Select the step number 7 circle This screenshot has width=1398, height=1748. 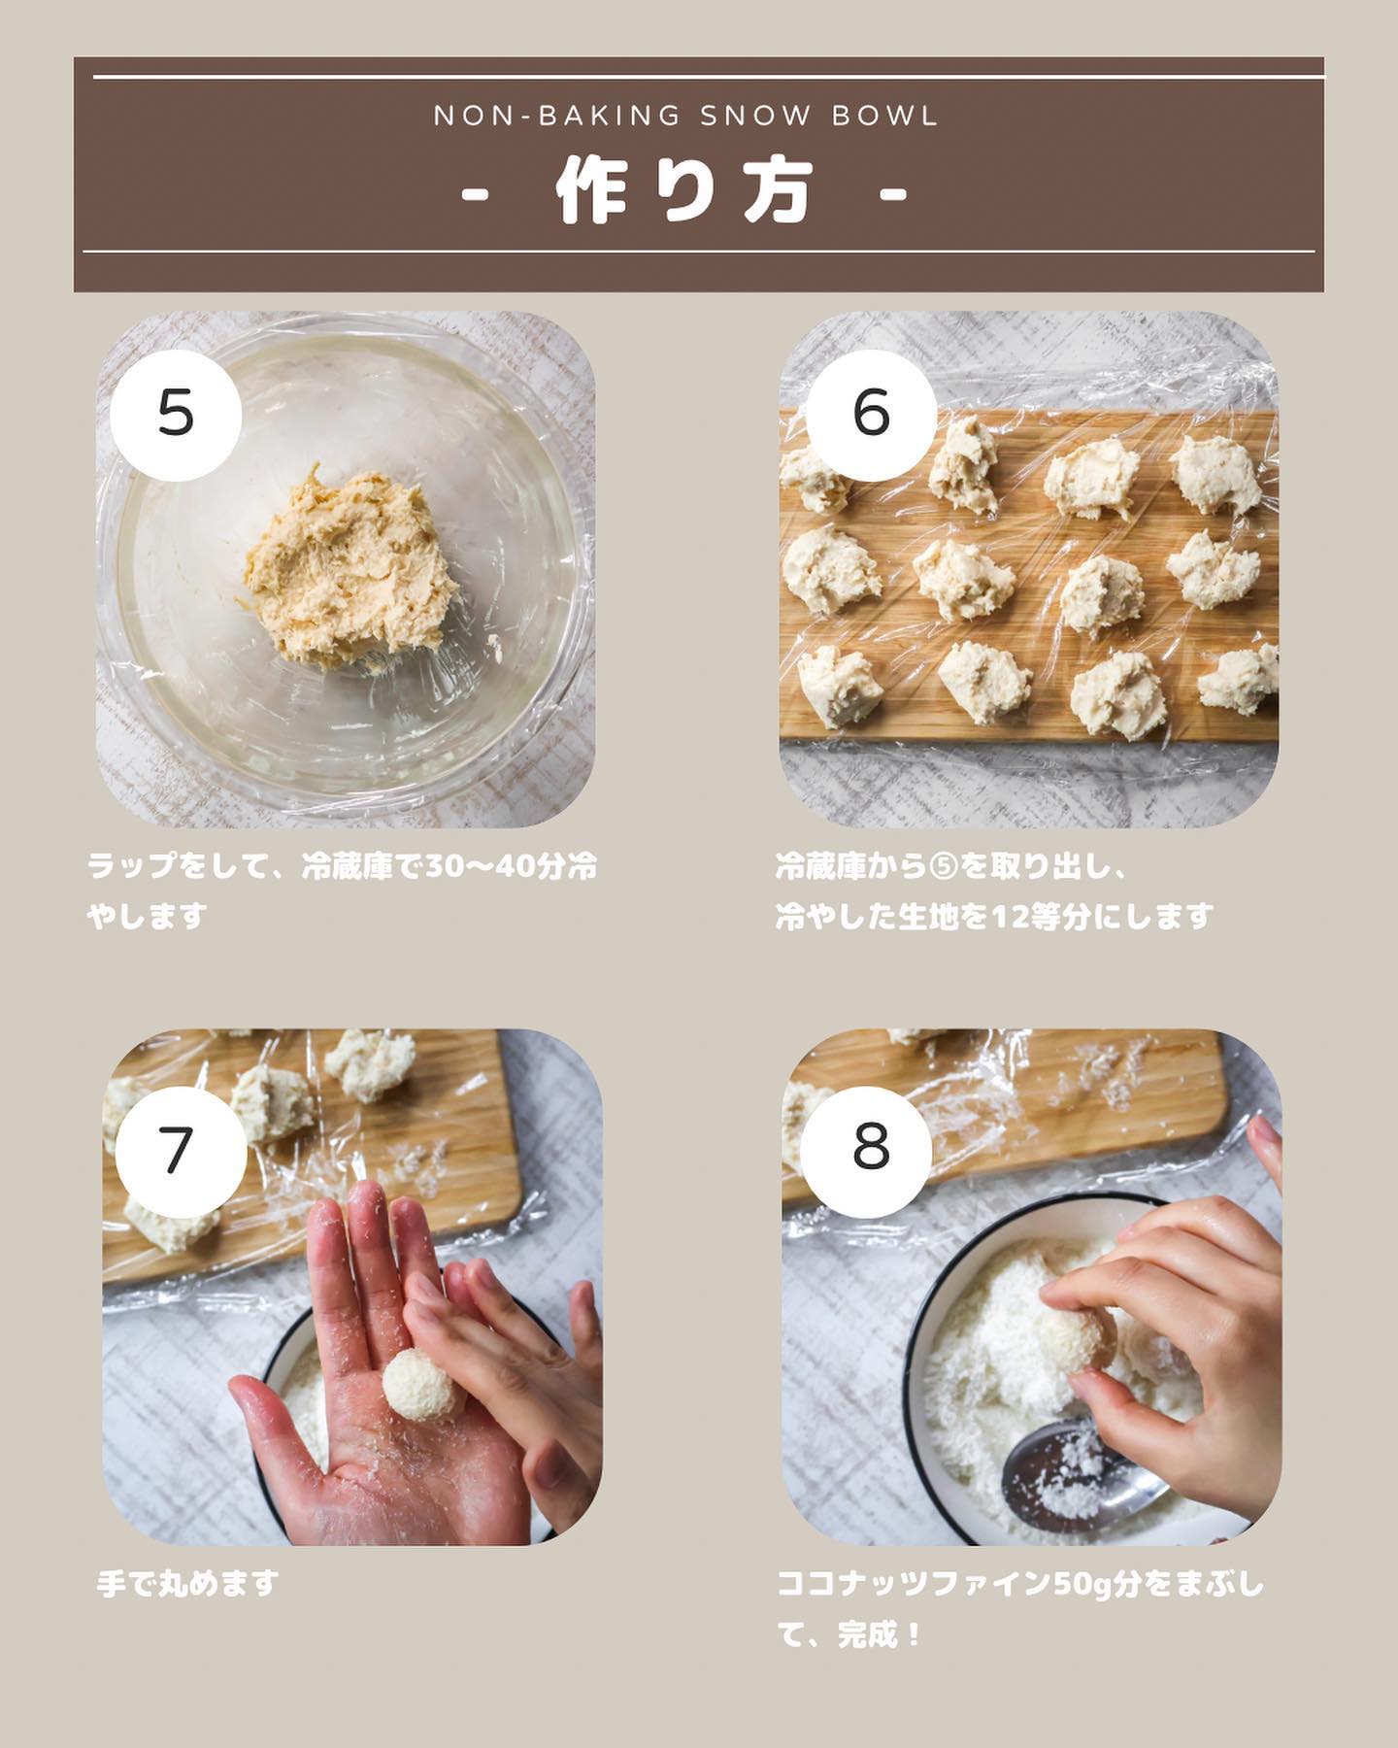(x=181, y=1150)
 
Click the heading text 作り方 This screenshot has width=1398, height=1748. (x=685, y=192)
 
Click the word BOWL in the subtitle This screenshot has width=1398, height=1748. (x=885, y=116)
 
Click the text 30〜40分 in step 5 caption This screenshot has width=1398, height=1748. (x=482, y=866)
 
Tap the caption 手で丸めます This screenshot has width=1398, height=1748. (x=187, y=1584)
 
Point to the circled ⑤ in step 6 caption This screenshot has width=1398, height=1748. (x=945, y=866)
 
